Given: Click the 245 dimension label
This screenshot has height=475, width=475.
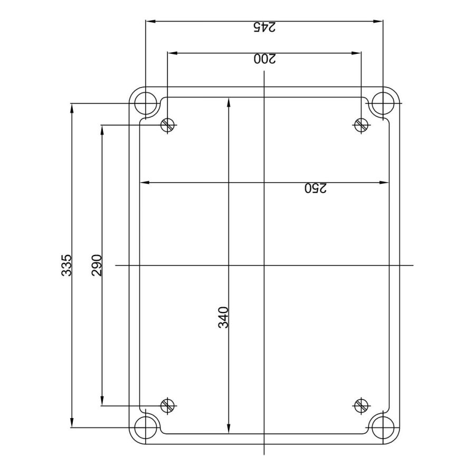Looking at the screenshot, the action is pyautogui.click(x=264, y=27).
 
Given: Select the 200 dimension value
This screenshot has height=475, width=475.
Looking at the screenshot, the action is pyautogui.click(x=265, y=59).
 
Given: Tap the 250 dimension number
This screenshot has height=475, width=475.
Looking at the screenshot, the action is pyautogui.click(x=316, y=188).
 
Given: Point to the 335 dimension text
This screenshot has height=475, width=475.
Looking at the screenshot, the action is pyautogui.click(x=66, y=265).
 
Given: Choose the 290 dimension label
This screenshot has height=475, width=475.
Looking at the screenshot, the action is pyautogui.click(x=97, y=265).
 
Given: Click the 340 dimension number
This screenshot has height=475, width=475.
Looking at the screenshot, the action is pyautogui.click(x=224, y=317).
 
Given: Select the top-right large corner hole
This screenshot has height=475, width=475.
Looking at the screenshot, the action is pyautogui.click(x=383, y=103).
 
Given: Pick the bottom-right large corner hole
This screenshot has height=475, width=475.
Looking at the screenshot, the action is pyautogui.click(x=383, y=427).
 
